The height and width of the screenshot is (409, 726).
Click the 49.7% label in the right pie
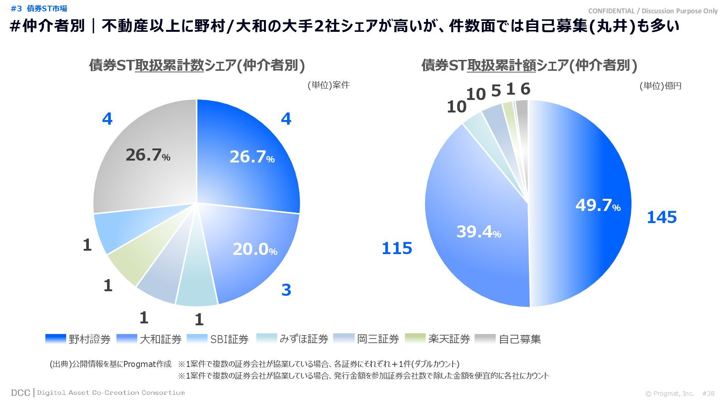coord(598,205)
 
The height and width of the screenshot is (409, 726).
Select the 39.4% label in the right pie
coord(479,232)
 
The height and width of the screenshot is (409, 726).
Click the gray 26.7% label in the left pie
coord(148,155)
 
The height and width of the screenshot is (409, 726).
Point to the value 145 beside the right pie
coord(661,217)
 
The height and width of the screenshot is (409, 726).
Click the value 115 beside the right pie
coord(397,248)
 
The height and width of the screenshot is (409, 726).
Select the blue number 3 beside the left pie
coord(286,290)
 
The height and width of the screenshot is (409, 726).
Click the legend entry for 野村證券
coord(78,339)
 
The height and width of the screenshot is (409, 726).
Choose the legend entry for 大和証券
coord(149,339)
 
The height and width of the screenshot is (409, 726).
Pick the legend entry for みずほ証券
coord(292,339)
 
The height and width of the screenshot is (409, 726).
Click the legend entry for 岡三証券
coord(366,339)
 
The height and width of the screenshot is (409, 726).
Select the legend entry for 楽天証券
coord(437,339)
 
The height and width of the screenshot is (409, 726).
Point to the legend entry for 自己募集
coord(508,339)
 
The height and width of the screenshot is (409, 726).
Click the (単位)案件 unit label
coord(328,85)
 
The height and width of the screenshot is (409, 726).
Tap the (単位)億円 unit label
coord(660,86)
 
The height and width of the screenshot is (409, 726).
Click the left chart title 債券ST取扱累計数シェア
coord(197,65)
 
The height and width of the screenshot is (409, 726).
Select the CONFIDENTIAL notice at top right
coord(653,11)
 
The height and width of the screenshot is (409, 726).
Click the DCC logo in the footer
coord(20,393)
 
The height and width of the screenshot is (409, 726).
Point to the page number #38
coord(708,393)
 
